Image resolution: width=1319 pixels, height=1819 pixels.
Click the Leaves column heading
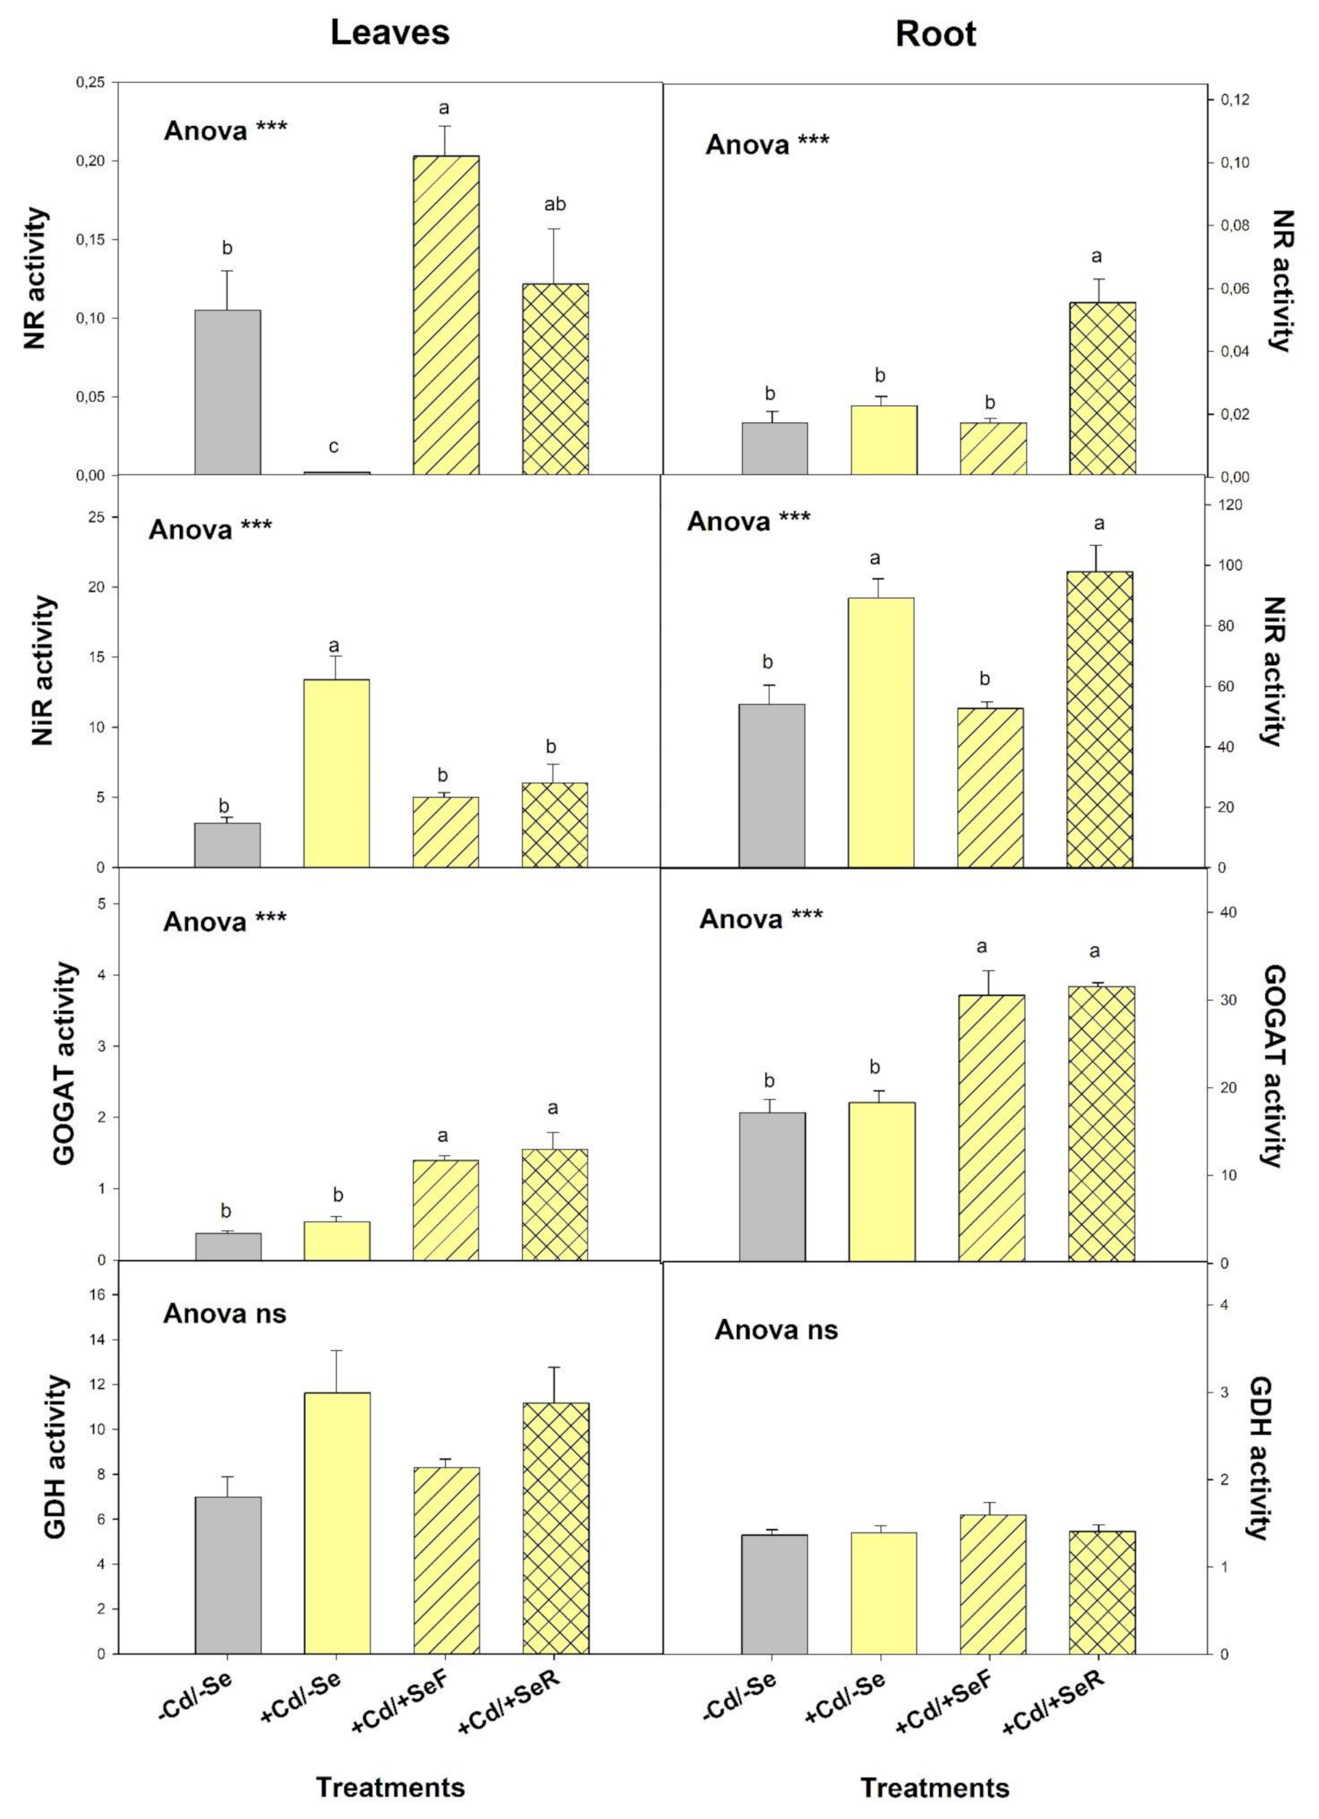(390, 33)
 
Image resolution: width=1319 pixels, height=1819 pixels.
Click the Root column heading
(935, 34)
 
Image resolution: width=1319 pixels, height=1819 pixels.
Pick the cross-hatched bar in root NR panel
(1102, 389)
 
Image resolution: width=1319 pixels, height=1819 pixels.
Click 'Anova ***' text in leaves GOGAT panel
(224, 921)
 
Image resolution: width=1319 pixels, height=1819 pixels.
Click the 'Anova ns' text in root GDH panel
(776, 1329)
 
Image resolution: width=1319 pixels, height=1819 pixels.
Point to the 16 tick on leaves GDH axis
(95, 1294)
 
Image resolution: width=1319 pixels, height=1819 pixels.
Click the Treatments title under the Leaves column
(390, 1787)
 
